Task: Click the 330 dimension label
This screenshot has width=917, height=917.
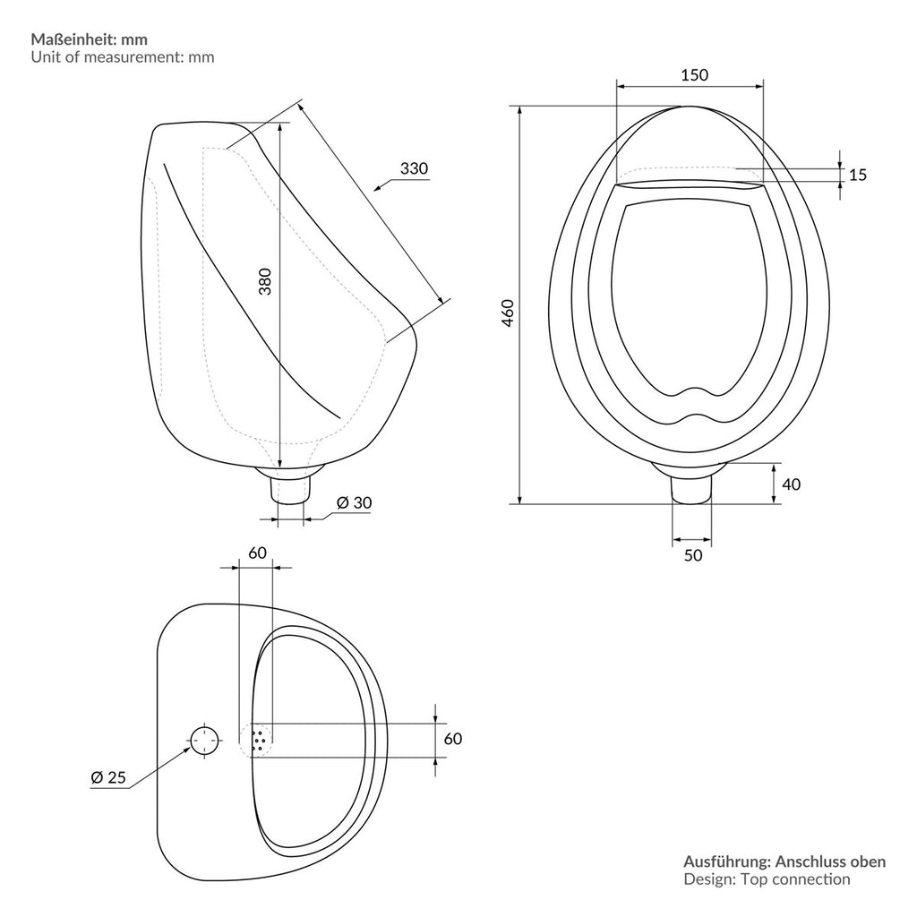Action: click(x=414, y=168)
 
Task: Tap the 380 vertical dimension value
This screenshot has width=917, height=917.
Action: click(x=265, y=281)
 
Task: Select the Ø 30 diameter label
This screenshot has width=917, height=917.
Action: click(x=355, y=502)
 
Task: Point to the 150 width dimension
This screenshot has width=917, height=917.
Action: click(x=694, y=75)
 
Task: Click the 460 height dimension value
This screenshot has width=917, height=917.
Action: click(x=508, y=313)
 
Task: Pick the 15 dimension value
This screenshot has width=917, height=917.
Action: click(x=857, y=175)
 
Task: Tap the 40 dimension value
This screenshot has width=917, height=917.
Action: click(x=792, y=484)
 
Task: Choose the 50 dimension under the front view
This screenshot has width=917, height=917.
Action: click(x=693, y=555)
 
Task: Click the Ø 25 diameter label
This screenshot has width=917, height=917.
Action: click(x=108, y=777)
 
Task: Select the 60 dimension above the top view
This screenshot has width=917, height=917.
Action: click(x=257, y=553)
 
